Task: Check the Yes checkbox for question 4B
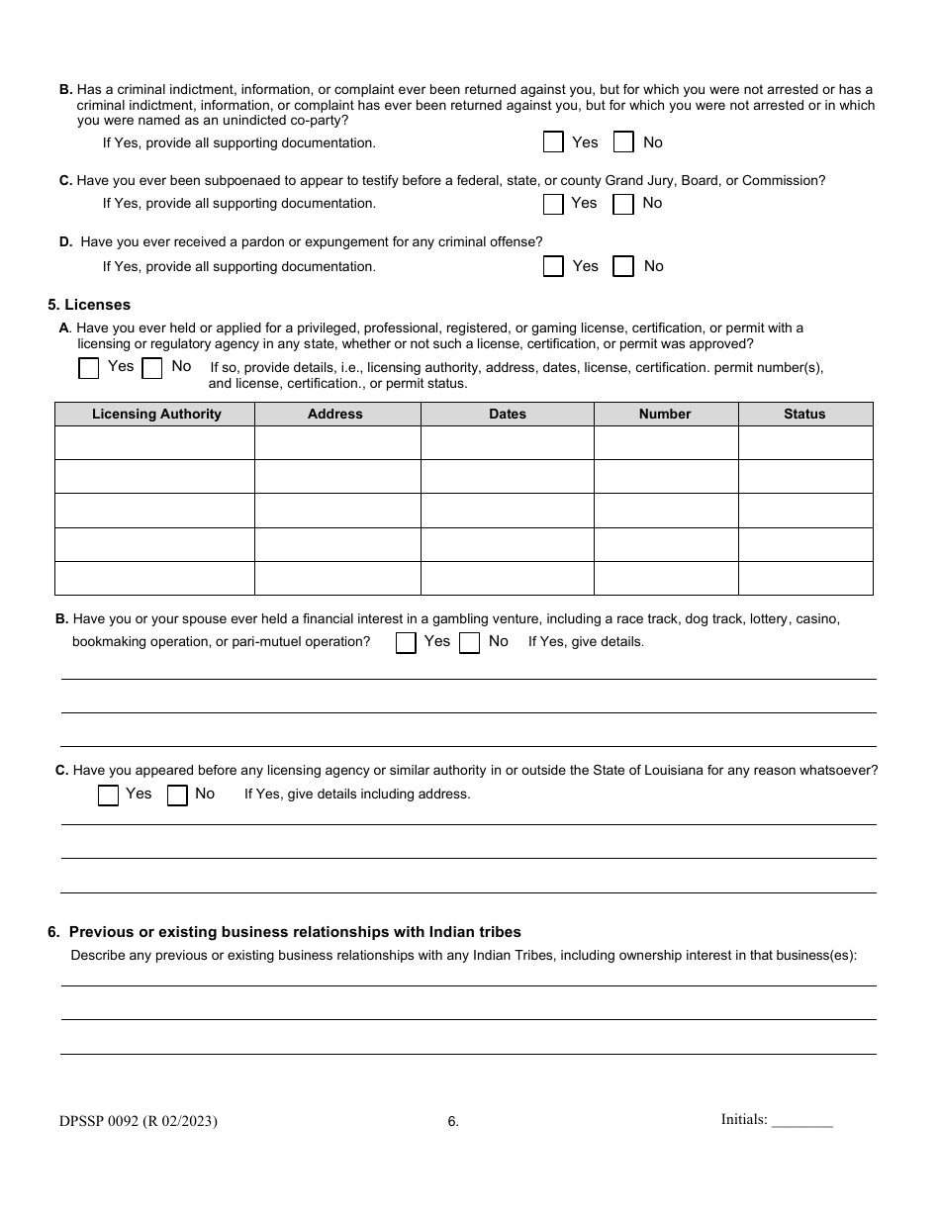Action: (553, 142)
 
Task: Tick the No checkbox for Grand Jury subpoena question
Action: (622, 204)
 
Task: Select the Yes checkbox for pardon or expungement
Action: (553, 266)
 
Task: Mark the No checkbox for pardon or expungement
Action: (623, 266)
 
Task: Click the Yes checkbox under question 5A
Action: (89, 368)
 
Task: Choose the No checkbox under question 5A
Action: (151, 368)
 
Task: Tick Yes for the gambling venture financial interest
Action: (406, 643)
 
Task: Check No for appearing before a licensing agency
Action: (177, 796)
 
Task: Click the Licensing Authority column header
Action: (156, 414)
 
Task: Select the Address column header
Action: (335, 414)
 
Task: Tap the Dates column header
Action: (508, 414)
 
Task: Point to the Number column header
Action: (665, 414)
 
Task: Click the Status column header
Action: (804, 414)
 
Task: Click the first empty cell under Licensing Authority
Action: (155, 442)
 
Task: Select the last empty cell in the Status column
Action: (805, 578)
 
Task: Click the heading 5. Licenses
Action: (89, 305)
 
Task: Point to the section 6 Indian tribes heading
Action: (285, 932)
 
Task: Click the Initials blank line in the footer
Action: (802, 1121)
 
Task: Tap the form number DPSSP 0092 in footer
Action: (138, 1121)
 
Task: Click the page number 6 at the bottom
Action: (453, 1122)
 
